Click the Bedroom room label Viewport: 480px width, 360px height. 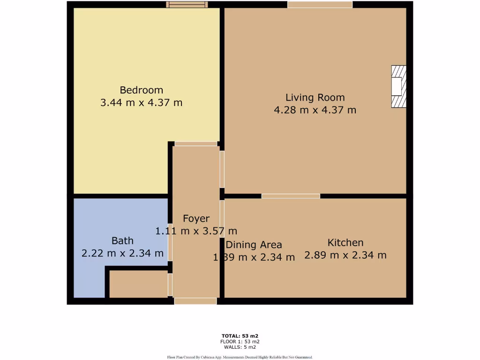coord(141,90)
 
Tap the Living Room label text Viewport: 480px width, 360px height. coord(315,97)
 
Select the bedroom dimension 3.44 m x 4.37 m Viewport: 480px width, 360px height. coord(141,102)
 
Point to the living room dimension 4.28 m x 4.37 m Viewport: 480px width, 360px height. coord(315,110)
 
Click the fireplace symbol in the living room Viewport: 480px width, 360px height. coord(398,87)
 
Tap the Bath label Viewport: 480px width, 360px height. coord(122,241)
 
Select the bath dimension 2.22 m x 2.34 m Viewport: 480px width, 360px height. coord(122,254)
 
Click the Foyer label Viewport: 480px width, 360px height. coord(196,218)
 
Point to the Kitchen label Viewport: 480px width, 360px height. coord(345,243)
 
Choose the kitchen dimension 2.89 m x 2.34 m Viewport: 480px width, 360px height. coord(345,255)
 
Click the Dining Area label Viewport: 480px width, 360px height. coord(254,245)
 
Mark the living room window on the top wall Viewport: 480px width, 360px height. coord(320,5)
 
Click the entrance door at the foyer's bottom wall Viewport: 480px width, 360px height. coord(195,301)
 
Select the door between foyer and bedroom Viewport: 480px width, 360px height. coord(196,144)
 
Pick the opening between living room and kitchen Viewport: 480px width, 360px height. coord(291,196)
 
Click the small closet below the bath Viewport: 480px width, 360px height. coord(138,284)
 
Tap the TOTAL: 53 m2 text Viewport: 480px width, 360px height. coord(240,336)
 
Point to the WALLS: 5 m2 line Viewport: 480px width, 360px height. coord(240,347)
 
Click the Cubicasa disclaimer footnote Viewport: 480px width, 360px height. coord(240,357)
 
